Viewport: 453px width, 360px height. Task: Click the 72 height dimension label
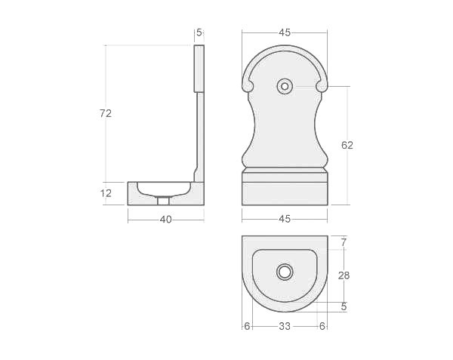[106, 113]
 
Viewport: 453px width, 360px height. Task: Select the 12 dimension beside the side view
[106, 193]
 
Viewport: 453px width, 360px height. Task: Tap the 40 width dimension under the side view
[165, 220]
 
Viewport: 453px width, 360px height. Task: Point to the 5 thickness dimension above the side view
[199, 32]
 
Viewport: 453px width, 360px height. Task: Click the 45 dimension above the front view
[285, 32]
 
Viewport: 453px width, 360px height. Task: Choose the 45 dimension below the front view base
[285, 219]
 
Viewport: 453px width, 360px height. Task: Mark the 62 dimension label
[347, 145]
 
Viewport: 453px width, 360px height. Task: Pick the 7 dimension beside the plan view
[344, 242]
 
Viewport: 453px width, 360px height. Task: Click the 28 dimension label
[344, 275]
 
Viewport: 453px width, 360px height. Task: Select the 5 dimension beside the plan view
[344, 306]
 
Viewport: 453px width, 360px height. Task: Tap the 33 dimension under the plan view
[285, 326]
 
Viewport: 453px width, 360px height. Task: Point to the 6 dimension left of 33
[247, 326]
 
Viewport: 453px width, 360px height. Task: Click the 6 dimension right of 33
[322, 326]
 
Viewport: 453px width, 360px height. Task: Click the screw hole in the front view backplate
[285, 86]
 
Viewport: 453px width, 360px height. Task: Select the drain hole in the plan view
[285, 272]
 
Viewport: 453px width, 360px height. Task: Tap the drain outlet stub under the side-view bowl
[164, 201]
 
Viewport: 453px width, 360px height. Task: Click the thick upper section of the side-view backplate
[199, 68]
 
